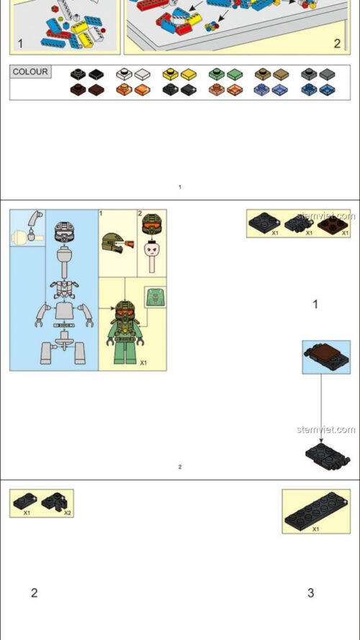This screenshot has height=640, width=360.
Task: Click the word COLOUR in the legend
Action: pos(30,72)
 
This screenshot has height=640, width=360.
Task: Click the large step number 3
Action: pos(310,593)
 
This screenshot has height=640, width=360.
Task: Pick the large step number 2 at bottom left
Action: pos(34,593)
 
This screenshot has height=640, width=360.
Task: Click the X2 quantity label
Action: pos(67,513)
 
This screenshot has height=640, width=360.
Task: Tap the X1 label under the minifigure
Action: pos(143,363)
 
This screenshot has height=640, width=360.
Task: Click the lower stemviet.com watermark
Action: pos(325,430)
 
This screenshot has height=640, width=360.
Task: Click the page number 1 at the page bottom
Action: pos(180,187)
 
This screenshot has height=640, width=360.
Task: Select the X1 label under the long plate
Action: pos(315,529)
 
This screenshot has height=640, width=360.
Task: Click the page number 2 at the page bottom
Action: pos(180,467)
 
